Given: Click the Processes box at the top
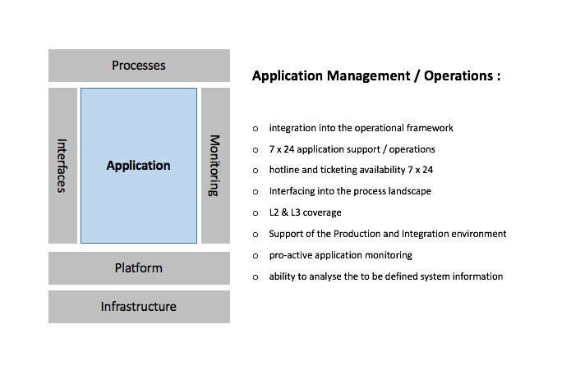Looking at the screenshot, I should coord(139,66).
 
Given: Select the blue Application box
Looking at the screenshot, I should coord(139,166).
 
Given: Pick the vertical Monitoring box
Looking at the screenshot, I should coord(215,166).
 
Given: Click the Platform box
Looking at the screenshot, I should coord(139,268).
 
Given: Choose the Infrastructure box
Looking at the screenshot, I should coord(139,307).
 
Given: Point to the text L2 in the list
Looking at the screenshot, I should coord(275,212).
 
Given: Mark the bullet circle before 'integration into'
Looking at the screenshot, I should coord(256,129).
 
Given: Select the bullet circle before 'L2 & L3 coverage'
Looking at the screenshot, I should coord(256,213).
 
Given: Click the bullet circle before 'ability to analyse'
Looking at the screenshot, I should coord(256,277).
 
